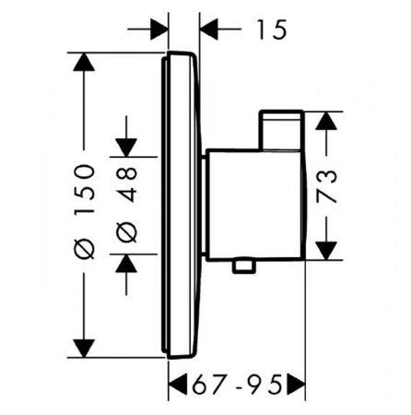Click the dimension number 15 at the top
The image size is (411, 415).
272,30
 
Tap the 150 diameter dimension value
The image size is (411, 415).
84,189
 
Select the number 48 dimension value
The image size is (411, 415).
126,184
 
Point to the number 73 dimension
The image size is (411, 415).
326,186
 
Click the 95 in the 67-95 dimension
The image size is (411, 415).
265,384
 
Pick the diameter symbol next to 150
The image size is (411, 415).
84,248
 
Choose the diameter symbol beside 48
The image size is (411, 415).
126,232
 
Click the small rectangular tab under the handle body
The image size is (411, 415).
244,266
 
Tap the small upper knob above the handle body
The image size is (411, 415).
281,130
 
